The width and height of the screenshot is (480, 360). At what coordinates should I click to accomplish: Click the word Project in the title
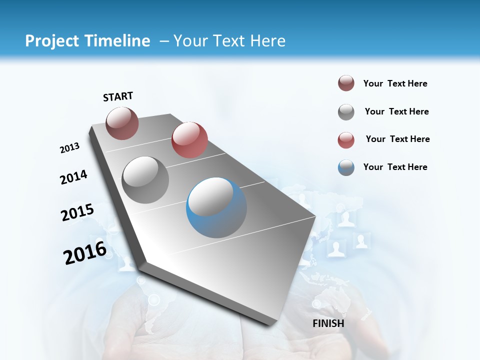48,41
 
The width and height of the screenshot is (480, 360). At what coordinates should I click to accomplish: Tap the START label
118,96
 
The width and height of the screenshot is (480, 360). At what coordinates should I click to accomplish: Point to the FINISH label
328,323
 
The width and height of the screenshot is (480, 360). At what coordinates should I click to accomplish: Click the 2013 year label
69,148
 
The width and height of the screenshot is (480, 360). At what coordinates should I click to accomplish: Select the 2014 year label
73,177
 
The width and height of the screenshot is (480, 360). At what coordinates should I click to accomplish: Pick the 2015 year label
77,212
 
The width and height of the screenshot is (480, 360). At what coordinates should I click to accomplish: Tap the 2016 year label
85,253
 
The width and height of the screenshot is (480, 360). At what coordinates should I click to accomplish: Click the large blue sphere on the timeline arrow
216,207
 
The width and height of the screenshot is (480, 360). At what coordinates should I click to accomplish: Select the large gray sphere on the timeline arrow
145,179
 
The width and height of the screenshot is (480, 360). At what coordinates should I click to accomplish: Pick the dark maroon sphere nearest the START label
122,123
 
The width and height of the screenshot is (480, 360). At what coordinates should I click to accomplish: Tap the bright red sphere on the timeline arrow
189,139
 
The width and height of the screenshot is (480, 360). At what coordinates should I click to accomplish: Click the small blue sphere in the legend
346,167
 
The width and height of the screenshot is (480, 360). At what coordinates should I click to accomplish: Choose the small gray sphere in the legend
346,112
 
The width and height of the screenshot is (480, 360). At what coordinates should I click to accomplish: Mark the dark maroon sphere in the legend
346,83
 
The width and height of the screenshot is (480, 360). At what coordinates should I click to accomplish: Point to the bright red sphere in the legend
346,140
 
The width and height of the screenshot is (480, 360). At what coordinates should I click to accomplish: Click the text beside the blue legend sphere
395,167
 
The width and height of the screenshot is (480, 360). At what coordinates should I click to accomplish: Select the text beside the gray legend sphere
396,111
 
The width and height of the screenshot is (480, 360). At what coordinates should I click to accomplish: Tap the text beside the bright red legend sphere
397,139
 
